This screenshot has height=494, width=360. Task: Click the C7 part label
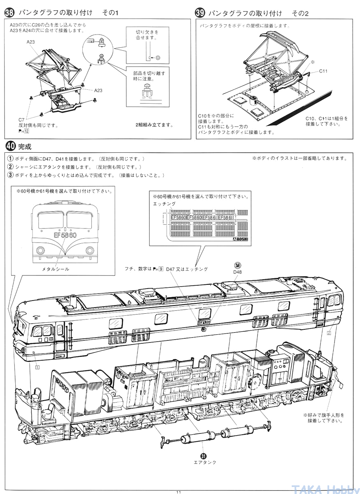[x=21, y=119]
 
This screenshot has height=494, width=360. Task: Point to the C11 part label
[x=323, y=71]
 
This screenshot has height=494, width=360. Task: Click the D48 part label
[x=238, y=272]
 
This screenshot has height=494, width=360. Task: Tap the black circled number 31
[x=203, y=456]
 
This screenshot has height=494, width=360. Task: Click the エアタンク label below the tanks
[x=205, y=462]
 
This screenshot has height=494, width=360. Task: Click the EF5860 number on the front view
[x=65, y=235]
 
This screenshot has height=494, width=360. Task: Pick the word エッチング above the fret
[x=164, y=204]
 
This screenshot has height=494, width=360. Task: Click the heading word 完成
[x=25, y=147]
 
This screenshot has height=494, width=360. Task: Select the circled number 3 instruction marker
[x=10, y=175]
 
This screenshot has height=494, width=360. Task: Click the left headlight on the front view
[x=40, y=250]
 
